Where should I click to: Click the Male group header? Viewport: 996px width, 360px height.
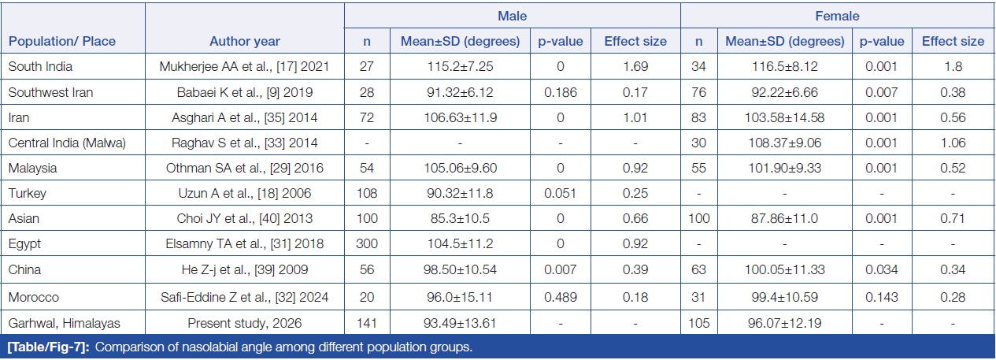pos(513,16)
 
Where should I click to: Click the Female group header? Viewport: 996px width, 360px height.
pos(837,16)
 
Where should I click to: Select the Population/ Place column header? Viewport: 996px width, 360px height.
pos(62,42)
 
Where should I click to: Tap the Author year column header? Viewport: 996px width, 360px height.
pos(245,42)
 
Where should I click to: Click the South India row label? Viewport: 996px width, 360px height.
pos(40,67)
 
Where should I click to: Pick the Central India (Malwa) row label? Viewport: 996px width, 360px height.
pos(67,143)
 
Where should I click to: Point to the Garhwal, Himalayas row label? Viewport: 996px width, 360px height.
pos(64,323)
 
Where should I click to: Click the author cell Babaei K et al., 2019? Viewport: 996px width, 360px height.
pos(245,92)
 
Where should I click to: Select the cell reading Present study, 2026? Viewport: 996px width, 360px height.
pos(245,323)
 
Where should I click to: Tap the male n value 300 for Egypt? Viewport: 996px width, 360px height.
pos(367,244)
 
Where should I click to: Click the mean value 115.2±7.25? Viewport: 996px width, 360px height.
pos(460,67)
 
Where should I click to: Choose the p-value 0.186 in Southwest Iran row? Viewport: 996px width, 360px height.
pos(561,92)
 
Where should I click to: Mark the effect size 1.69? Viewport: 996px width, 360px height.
pos(635,67)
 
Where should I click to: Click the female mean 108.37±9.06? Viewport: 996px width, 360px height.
pos(785,143)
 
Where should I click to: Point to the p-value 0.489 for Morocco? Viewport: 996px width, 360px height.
pos(561,297)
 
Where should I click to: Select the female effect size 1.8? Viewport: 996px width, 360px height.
pos(953,67)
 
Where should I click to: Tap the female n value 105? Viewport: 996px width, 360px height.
pos(699,323)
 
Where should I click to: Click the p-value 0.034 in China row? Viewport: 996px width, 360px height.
pos(882,269)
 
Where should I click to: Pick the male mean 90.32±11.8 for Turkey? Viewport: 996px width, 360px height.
pos(460,194)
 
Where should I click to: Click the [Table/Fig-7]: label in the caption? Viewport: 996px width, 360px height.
pos(49,347)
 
